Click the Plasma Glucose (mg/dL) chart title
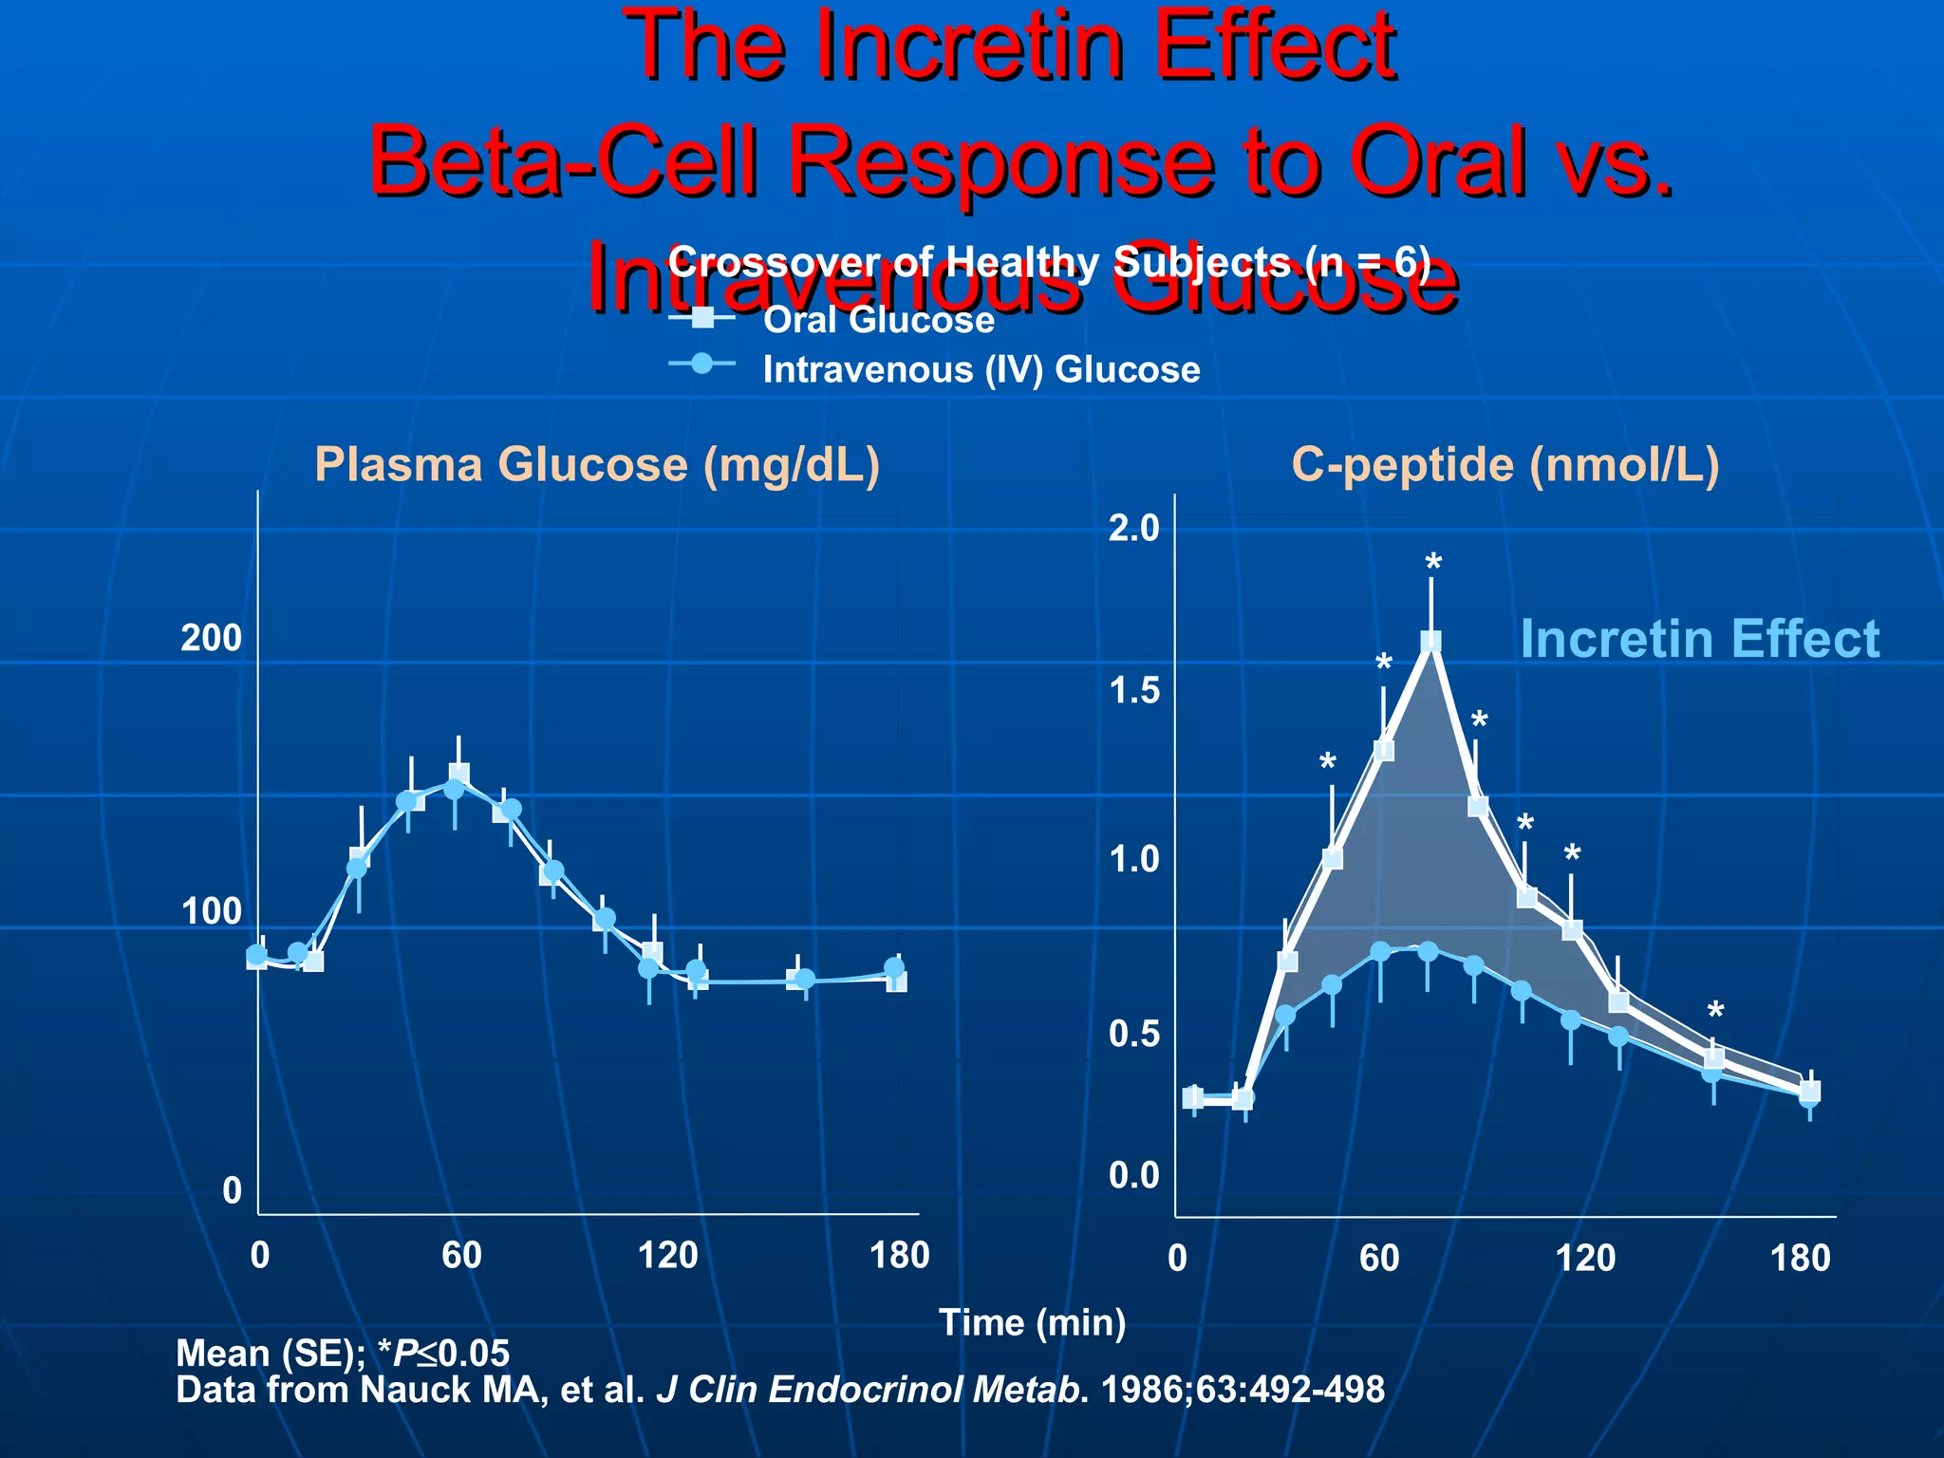click(x=597, y=465)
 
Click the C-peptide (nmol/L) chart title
click(x=1505, y=465)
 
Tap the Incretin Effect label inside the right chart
click(x=1699, y=639)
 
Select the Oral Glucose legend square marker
click(x=702, y=318)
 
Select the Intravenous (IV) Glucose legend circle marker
click(x=702, y=364)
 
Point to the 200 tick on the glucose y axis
click(x=212, y=638)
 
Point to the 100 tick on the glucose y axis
click(x=212, y=912)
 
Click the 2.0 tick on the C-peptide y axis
click(x=1134, y=528)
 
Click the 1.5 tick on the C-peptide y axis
click(x=1134, y=691)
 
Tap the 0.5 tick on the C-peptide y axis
click(x=1134, y=1035)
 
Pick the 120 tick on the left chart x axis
click(x=667, y=1256)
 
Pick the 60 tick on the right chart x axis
click(x=1379, y=1259)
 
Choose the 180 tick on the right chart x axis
click(x=1800, y=1259)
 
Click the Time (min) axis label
click(x=1032, y=1322)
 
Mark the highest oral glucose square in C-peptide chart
click(x=1430, y=642)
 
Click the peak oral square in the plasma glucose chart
click(x=458, y=774)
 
